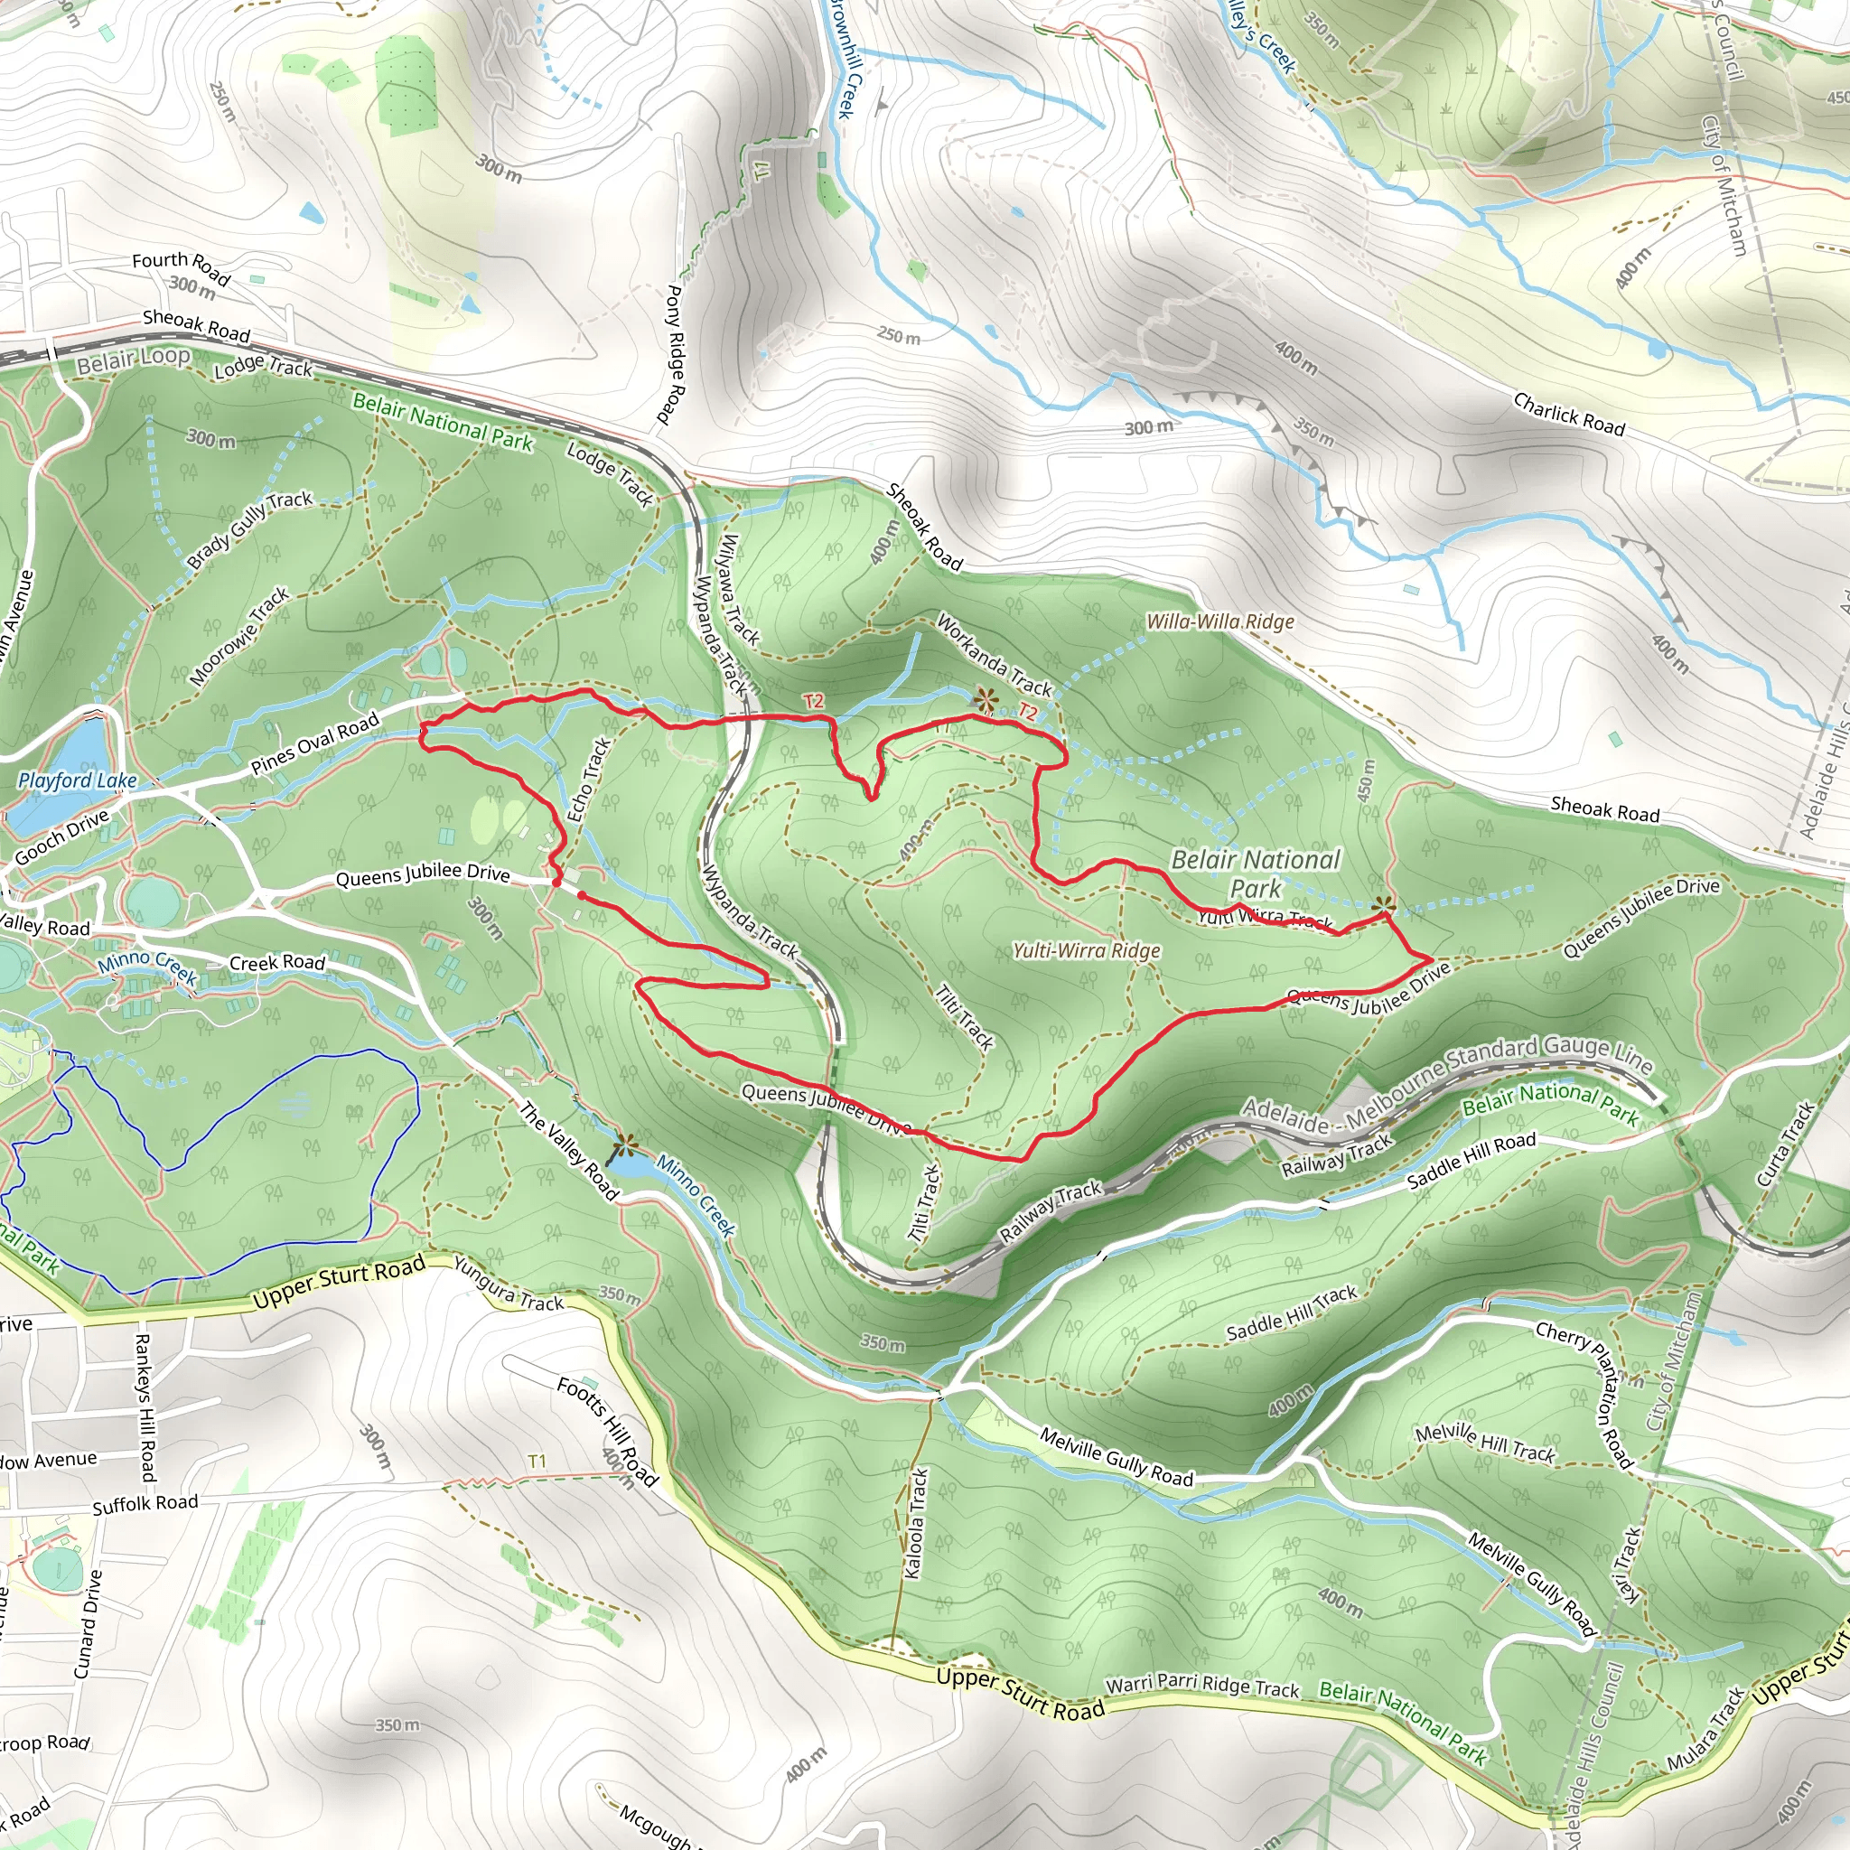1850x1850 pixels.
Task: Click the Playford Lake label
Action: pos(78,780)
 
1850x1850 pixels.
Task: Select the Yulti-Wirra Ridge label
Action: pos(1087,951)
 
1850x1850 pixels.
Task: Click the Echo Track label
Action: pos(589,780)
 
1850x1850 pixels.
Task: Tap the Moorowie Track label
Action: pos(239,636)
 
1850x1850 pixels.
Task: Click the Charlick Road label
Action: pos(1568,414)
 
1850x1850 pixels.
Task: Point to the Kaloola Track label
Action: pos(916,1522)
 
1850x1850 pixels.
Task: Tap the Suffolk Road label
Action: pos(145,1503)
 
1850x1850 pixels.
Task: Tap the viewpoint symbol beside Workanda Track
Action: pos(985,700)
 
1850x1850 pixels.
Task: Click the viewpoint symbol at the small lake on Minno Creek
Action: pos(625,1145)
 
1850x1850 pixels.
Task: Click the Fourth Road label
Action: pos(181,267)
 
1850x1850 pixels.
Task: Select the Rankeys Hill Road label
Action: pos(145,1406)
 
